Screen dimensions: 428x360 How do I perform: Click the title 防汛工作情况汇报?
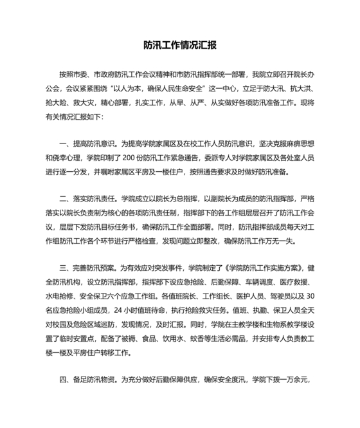pyautogui.click(x=179, y=46)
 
